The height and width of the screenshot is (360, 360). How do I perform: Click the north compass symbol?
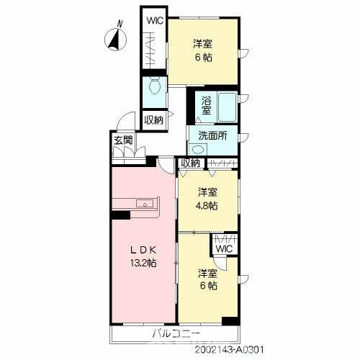(x=116, y=38)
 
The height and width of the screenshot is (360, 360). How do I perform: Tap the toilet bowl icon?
(x=155, y=87)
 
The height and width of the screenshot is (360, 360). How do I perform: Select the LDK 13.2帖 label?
(x=143, y=257)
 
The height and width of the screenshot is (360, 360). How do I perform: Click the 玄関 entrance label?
(x=123, y=140)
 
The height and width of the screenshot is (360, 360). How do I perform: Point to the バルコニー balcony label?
(x=176, y=333)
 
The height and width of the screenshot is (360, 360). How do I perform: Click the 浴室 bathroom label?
(x=207, y=105)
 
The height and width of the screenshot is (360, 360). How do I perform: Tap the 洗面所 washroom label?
(x=212, y=136)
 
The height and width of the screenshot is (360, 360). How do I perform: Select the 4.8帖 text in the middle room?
(x=208, y=206)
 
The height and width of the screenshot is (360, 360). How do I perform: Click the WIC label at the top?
(x=155, y=21)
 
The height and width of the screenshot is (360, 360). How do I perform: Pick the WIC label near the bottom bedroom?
(x=224, y=248)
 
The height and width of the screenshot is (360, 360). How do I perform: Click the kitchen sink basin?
(x=145, y=204)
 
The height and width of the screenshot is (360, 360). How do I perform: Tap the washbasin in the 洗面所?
(x=198, y=150)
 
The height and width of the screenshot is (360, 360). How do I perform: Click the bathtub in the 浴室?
(x=227, y=107)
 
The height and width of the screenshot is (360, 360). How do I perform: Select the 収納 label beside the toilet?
(x=154, y=120)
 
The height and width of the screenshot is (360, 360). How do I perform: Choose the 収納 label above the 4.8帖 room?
(x=190, y=163)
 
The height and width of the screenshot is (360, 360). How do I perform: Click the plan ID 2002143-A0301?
(x=230, y=349)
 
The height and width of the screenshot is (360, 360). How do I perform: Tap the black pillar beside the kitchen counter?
(x=120, y=215)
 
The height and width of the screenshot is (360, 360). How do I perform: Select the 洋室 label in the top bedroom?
(x=203, y=44)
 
